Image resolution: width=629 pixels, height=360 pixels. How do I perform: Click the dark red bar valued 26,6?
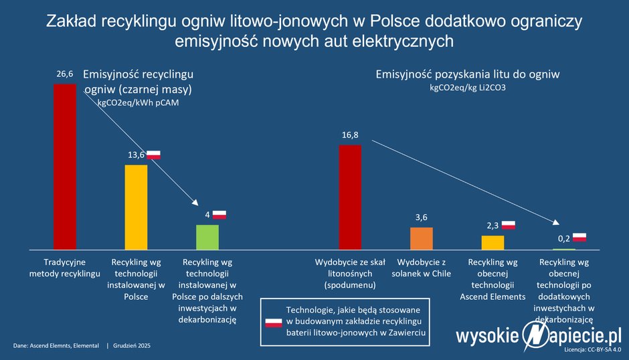click(65, 166)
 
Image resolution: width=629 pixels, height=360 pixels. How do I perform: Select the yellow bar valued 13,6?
click(137, 206)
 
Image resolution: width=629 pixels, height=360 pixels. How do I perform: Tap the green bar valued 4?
click(207, 236)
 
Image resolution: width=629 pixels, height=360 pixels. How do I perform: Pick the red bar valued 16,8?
click(350, 197)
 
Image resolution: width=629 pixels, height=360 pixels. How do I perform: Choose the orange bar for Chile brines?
click(422, 238)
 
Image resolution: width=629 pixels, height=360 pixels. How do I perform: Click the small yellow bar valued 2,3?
click(492, 242)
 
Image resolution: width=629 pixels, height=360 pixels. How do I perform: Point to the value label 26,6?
click(65, 75)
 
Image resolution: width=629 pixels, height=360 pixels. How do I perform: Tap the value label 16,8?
click(350, 135)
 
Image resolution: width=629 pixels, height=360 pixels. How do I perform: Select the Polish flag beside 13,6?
click(155, 155)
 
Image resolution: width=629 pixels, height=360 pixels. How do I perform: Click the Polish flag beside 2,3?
click(509, 225)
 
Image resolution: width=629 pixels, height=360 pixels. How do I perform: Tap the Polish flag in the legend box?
click(274, 322)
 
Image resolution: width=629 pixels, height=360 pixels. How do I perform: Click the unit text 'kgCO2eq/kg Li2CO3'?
click(467, 88)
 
